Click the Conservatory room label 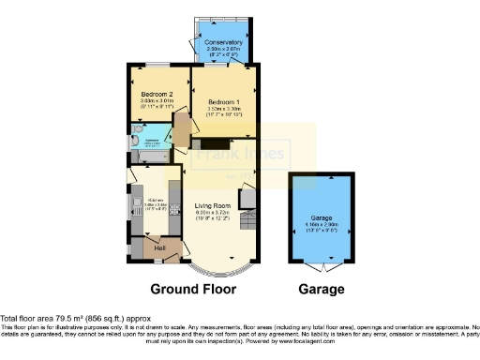coord(223,42)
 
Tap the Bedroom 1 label coord(223,101)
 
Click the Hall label coord(147,247)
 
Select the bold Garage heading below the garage coord(321,289)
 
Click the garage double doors coord(322,268)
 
